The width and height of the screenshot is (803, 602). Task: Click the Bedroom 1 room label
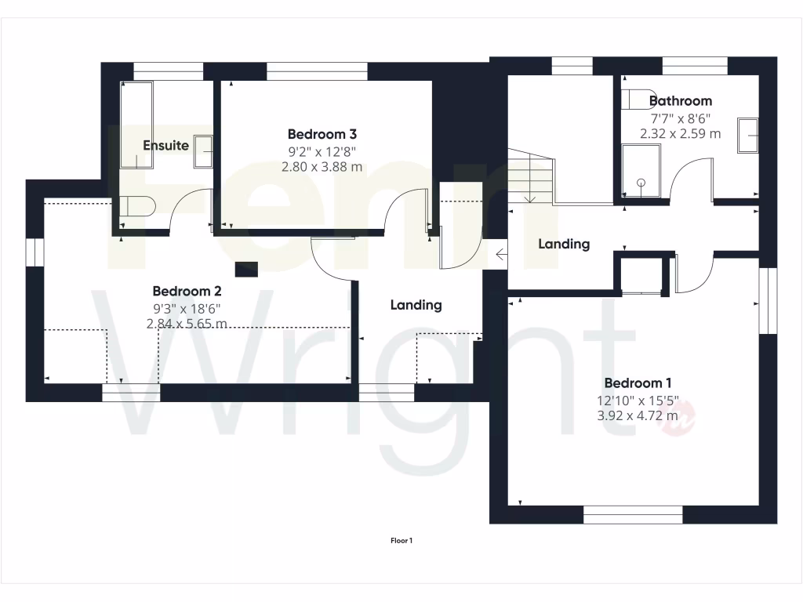(x=638, y=383)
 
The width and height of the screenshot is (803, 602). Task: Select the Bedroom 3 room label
(x=322, y=134)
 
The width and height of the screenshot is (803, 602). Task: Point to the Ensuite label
(x=165, y=145)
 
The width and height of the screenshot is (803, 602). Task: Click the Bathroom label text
(x=681, y=100)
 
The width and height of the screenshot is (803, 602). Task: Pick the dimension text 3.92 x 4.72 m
(x=638, y=415)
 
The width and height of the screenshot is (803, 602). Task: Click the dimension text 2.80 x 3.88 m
(x=322, y=166)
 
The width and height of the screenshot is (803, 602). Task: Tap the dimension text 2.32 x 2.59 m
(x=681, y=133)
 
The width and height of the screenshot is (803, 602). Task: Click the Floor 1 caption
(x=401, y=540)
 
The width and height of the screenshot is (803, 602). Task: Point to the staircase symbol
(x=530, y=176)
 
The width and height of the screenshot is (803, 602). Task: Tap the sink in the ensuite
(x=203, y=150)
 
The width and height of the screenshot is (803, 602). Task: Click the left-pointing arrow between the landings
(x=502, y=254)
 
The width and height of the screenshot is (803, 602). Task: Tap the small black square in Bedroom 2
(x=246, y=268)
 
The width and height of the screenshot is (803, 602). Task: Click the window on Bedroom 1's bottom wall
(x=633, y=514)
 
